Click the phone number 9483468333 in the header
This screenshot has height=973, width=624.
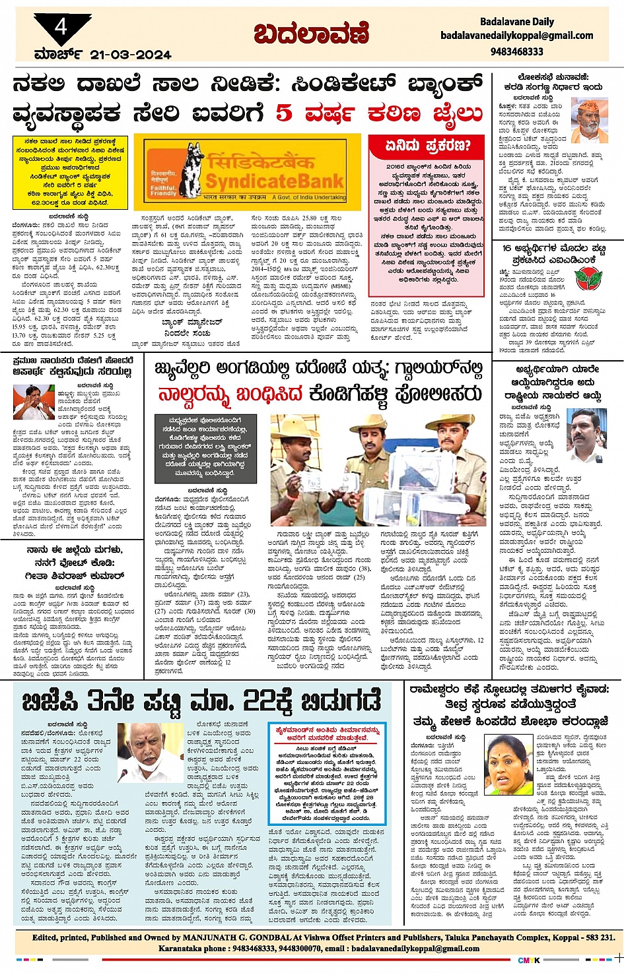coord(517,51)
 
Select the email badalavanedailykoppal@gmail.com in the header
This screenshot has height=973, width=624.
coord(517,36)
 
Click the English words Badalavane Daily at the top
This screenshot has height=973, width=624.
coord(517,22)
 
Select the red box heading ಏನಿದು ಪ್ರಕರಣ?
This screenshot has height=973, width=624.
coord(428,145)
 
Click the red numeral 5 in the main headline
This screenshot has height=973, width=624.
coord(283,113)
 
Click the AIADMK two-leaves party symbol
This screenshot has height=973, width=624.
coord(584,278)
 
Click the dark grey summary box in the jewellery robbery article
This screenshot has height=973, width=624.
coord(205,446)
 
